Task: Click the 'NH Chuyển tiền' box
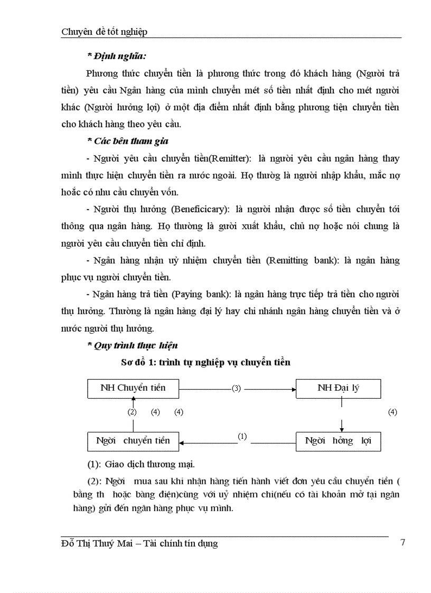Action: (x=133, y=388)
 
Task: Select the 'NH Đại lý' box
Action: (x=338, y=388)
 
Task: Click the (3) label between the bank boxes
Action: (x=236, y=388)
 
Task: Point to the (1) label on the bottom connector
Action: (x=242, y=437)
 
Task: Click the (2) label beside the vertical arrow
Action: (x=132, y=412)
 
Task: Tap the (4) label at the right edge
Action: (x=392, y=412)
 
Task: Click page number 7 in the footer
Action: (x=403, y=542)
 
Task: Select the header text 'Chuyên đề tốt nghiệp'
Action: (x=105, y=32)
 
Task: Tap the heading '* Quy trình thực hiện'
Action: (x=132, y=346)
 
